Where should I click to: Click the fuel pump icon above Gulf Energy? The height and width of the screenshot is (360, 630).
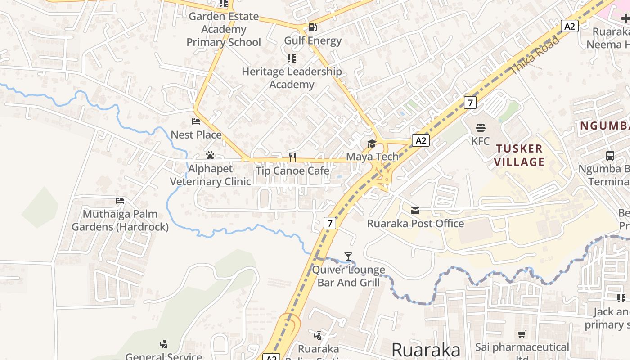point(312,27)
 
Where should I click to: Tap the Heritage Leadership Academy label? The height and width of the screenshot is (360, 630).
point(292,78)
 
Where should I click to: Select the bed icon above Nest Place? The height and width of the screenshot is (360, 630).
point(196,121)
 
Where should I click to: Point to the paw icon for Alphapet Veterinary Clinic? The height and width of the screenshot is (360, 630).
point(210,156)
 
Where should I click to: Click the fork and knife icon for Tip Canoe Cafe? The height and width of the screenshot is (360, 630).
point(292,157)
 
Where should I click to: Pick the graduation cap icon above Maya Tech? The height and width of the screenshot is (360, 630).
point(372,144)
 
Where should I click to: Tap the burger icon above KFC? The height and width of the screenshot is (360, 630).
point(481,128)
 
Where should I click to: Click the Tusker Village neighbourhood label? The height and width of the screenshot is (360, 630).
point(520,155)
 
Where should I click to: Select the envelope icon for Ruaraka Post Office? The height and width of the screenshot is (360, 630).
point(415,210)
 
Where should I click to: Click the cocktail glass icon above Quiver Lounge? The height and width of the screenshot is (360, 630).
point(348,256)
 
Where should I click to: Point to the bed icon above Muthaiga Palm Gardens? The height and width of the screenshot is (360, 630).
point(120,201)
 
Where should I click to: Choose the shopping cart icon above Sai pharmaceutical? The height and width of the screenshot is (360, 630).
point(522,334)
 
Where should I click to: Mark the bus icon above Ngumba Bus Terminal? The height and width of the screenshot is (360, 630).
point(610,156)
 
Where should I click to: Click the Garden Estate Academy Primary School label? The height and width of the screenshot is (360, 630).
point(224,29)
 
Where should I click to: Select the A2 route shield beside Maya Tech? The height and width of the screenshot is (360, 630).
point(421,141)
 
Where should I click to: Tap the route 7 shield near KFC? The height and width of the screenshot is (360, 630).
point(470,103)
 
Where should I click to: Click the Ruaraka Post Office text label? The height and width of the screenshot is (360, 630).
point(415,224)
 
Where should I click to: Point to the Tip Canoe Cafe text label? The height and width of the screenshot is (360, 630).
point(292,171)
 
